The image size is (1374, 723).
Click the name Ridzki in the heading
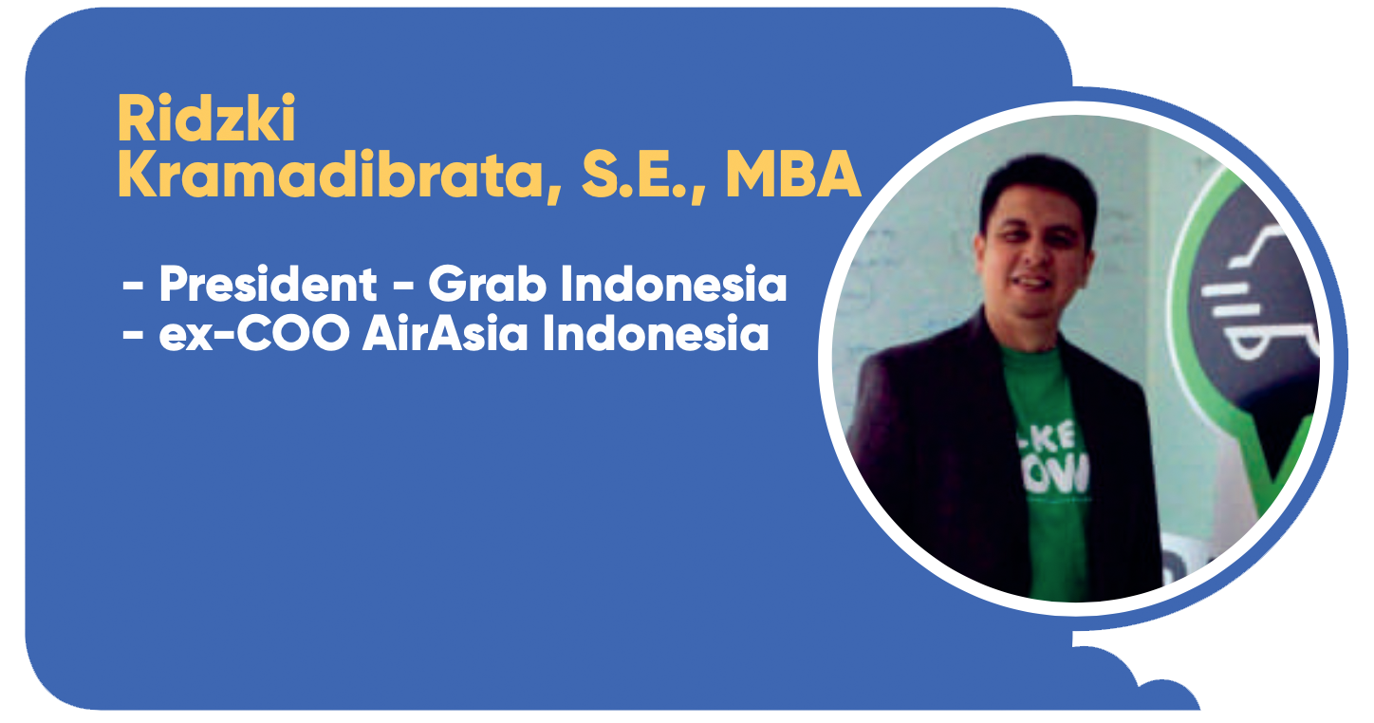pos(207,119)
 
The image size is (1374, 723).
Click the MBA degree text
pos(793,175)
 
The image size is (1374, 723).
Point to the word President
pos(268,284)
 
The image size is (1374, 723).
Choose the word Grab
pos(487,284)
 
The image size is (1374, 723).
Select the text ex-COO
pos(254,333)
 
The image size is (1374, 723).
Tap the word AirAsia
pos(445,333)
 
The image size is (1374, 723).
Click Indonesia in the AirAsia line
pos(655,333)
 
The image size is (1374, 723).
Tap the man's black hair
pos(1036,184)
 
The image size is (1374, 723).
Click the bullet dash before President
pos(133,286)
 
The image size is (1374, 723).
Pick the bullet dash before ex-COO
pos(133,335)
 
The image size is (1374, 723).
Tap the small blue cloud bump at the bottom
pos(1165,696)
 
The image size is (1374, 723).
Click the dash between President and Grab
pos(402,286)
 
